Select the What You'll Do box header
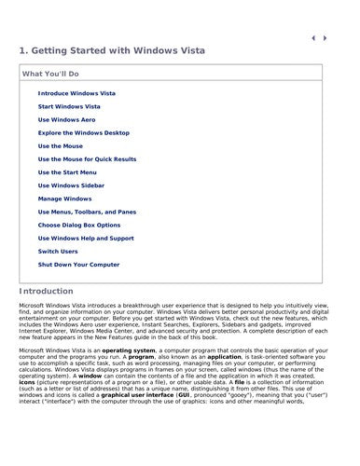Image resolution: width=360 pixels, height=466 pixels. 53,73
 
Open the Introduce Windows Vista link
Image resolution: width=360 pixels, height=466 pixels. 76,94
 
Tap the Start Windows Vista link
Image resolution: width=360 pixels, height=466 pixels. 70,107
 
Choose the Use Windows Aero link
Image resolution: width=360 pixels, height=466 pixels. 66,120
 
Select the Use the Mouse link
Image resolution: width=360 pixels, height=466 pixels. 61,146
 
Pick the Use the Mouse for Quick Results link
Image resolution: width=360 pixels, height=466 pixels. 87,159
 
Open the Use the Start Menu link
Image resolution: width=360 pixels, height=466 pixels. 68,172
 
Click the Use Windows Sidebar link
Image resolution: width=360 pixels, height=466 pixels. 70,185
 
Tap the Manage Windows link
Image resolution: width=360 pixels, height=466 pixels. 64,199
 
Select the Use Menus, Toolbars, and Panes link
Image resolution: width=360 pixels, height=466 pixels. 87,212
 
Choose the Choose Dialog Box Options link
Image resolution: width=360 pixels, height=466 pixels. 79,225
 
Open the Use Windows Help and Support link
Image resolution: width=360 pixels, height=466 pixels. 85,238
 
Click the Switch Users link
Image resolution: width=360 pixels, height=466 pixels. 58,251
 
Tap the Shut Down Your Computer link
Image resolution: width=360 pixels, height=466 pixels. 78,264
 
